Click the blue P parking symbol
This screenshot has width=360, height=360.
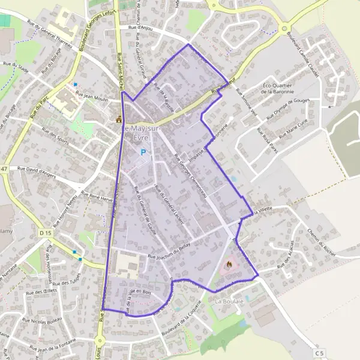point(143,152)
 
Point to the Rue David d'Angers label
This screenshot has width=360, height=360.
point(38,172)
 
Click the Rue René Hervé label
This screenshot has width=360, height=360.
point(96,195)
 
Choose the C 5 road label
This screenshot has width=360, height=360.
point(320,352)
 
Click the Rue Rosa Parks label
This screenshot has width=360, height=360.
point(265,142)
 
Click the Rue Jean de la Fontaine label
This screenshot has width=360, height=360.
point(57,347)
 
